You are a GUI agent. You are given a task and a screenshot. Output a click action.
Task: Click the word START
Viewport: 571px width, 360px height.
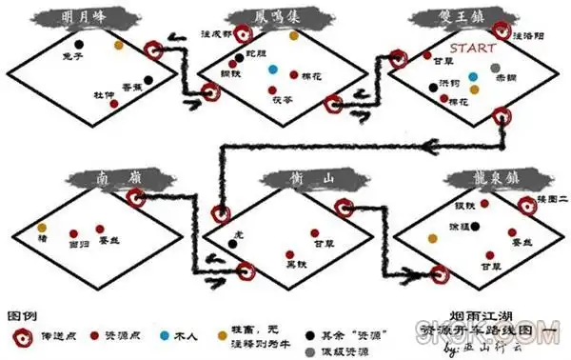(472, 45)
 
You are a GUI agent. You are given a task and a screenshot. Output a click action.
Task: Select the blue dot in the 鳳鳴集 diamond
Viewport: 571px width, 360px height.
(273, 70)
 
